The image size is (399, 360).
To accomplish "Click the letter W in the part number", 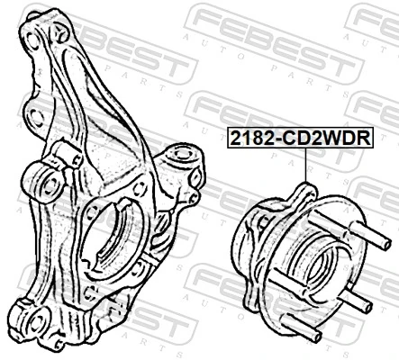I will click(x=326, y=139).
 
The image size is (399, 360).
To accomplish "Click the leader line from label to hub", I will click(x=306, y=166).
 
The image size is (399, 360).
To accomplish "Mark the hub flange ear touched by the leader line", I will click(x=304, y=190).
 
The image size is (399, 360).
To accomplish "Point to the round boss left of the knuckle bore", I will click(x=46, y=175).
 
